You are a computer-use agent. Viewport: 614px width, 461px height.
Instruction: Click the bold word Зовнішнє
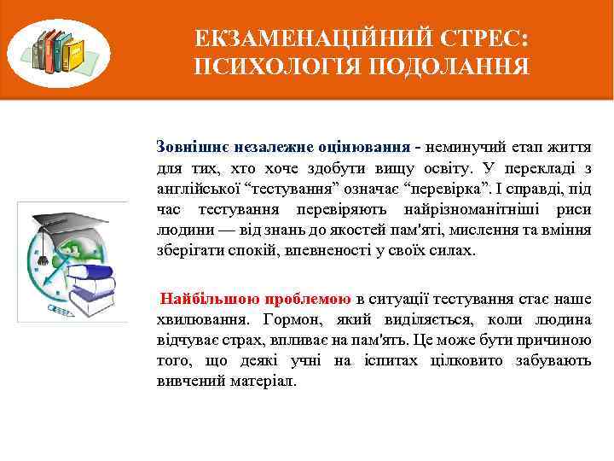coord(188,146)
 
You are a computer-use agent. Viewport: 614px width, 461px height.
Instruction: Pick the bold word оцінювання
coord(366,146)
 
